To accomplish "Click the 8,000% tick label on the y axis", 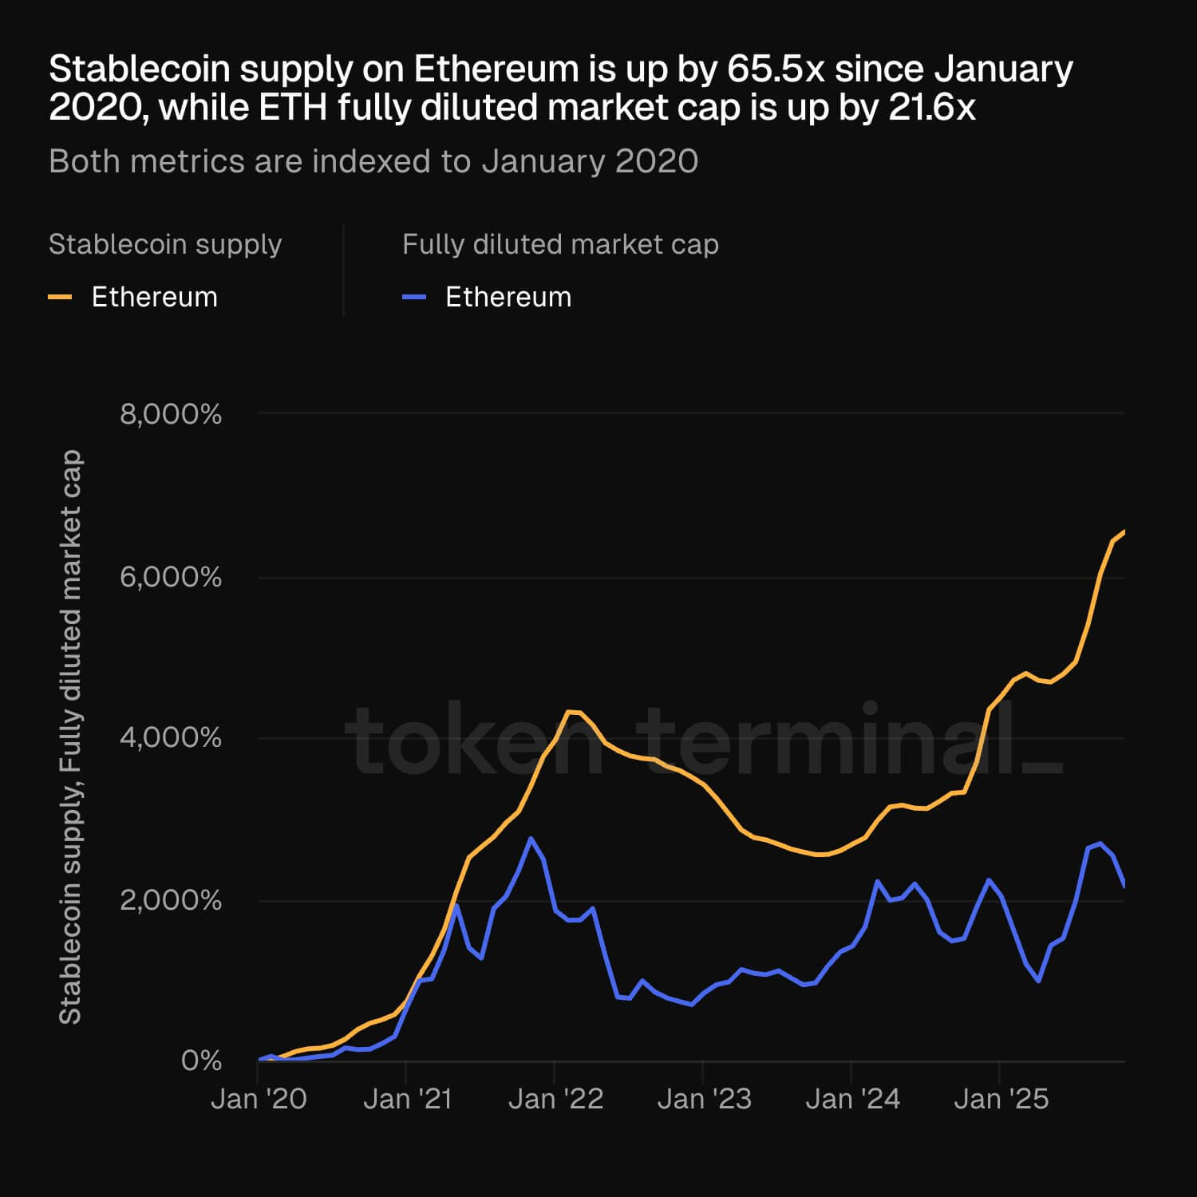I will pyautogui.click(x=170, y=414).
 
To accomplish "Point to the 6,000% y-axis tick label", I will pyautogui.click(x=170, y=577).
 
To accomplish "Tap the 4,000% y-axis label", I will pyautogui.click(x=170, y=737).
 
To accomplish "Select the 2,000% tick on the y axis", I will pyautogui.click(x=170, y=900).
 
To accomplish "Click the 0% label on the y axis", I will pyautogui.click(x=201, y=1061).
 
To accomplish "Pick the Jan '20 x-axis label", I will pyautogui.click(x=259, y=1099).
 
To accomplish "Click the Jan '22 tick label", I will pyautogui.click(x=555, y=1099).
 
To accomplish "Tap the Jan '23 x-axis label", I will pyautogui.click(x=704, y=1099).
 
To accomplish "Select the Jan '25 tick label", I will pyautogui.click(x=1001, y=1099).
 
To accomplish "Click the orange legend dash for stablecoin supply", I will pyautogui.click(x=60, y=297).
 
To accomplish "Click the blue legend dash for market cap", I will pyautogui.click(x=413, y=297).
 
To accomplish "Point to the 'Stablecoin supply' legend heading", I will pyautogui.click(x=165, y=244).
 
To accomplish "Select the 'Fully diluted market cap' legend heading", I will pyautogui.click(x=560, y=244).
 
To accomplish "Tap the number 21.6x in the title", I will pyautogui.click(x=932, y=108).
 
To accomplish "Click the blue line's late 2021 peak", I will pyautogui.click(x=531, y=838).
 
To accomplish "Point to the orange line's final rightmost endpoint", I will pyautogui.click(x=1124, y=531).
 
